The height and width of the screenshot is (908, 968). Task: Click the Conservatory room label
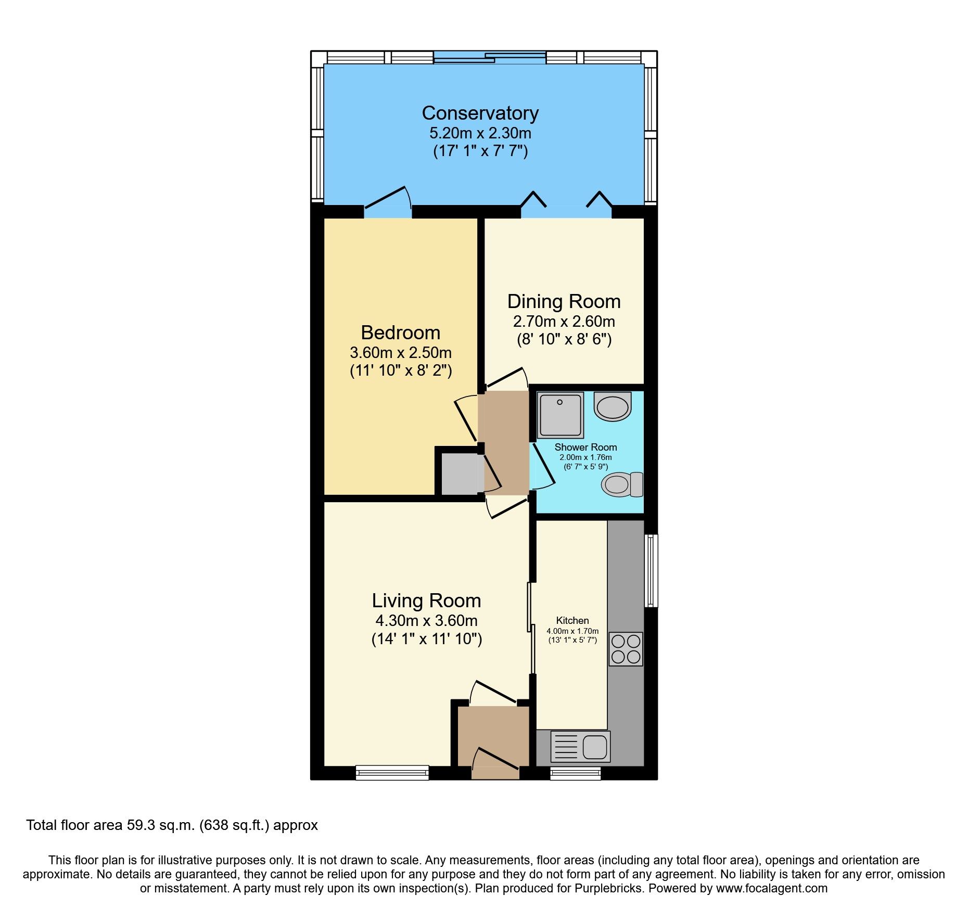(x=480, y=113)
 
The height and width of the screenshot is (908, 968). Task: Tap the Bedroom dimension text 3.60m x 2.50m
(x=400, y=353)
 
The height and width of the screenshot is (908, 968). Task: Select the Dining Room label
(x=564, y=302)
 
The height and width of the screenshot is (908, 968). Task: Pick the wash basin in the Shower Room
(x=613, y=406)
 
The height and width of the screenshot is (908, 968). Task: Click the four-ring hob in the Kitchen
(x=626, y=649)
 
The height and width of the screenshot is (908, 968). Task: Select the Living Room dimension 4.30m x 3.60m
(x=426, y=621)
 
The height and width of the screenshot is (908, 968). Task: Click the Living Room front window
(x=392, y=773)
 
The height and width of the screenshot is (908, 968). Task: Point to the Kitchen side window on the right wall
(x=651, y=570)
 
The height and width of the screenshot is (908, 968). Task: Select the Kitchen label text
(x=572, y=620)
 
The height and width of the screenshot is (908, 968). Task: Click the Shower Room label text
(x=585, y=447)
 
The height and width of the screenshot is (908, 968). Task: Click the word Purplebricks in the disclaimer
(x=608, y=888)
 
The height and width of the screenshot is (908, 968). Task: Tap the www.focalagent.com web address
(x=771, y=888)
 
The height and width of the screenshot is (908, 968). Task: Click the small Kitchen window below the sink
(x=575, y=773)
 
